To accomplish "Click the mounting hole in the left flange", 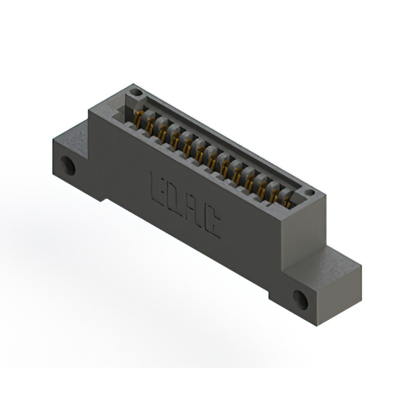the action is pos(68,166).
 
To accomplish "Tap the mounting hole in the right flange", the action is pos(301,299).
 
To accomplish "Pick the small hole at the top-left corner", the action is pos(136,92).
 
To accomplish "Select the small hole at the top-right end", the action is pos(310,192).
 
